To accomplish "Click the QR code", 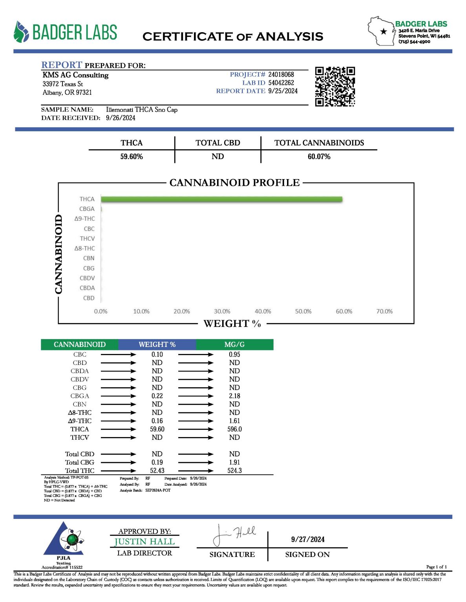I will click(x=335, y=87).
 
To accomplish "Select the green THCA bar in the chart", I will click(x=221, y=199).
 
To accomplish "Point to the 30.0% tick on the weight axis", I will click(x=222, y=311).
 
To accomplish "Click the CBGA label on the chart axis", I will click(x=87, y=209).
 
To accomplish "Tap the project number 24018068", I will click(x=281, y=74).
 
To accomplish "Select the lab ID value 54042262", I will click(x=281, y=83).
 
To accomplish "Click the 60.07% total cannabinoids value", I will click(x=319, y=157).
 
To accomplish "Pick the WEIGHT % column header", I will click(x=157, y=345).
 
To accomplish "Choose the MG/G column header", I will click(x=234, y=345).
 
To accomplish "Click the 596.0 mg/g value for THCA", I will click(x=234, y=429).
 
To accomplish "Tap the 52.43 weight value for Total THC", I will click(x=157, y=471).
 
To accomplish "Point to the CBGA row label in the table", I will click(x=80, y=396).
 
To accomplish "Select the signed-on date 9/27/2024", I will click(x=308, y=539).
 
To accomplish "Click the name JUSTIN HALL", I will click(x=144, y=542).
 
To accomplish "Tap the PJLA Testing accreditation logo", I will click(x=64, y=543).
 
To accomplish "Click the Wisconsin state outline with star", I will click(x=381, y=31).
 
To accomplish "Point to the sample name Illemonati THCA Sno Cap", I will click(x=142, y=110).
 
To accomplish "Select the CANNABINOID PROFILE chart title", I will click(x=234, y=183).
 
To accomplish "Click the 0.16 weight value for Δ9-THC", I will click(x=157, y=421).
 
